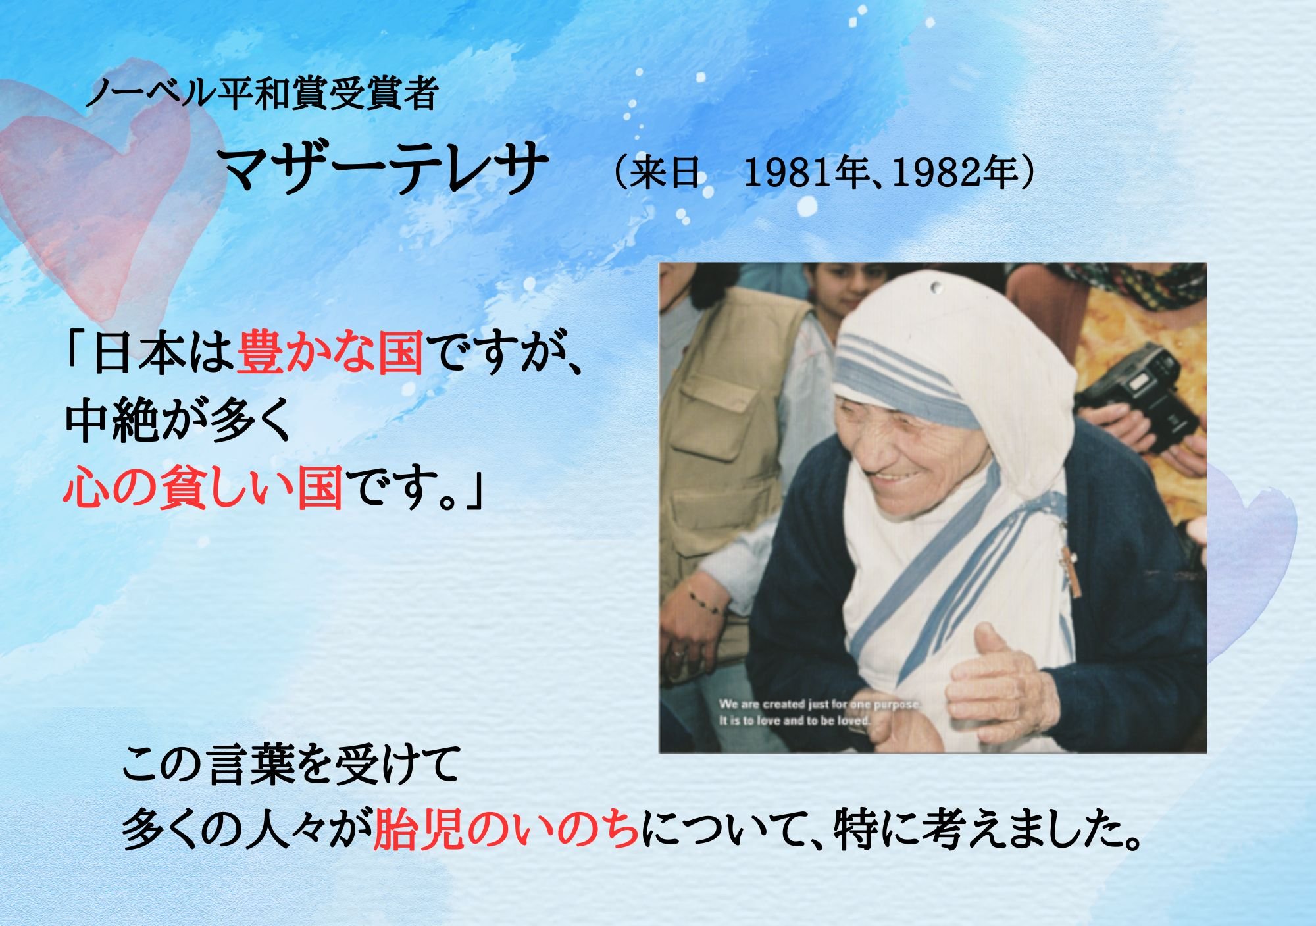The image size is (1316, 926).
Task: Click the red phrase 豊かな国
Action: [330, 353]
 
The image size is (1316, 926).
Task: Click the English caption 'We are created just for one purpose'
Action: [820, 704]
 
